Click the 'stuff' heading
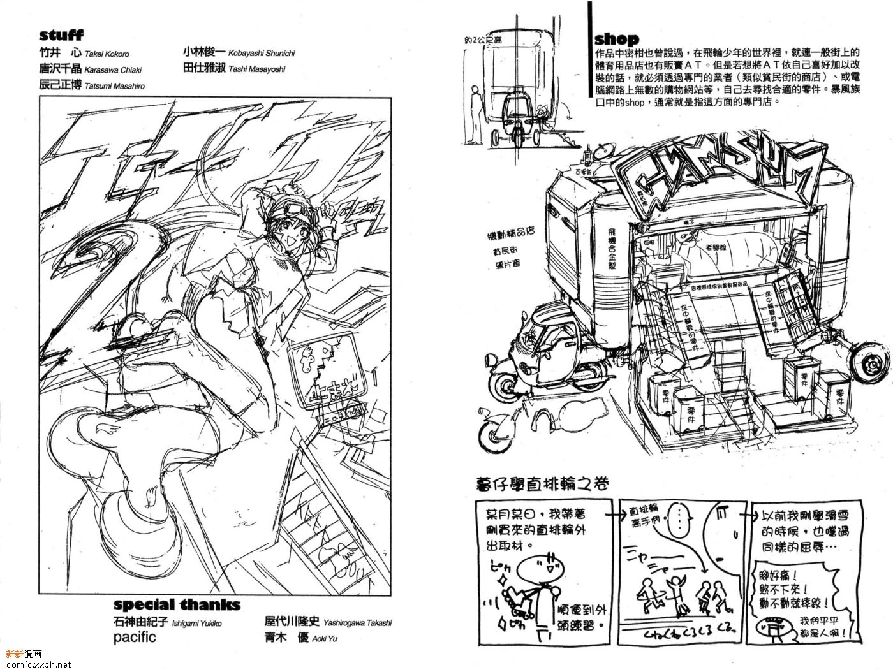tap(61, 35)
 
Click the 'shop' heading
tap(616, 38)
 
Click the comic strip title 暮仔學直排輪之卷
tap(543, 483)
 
